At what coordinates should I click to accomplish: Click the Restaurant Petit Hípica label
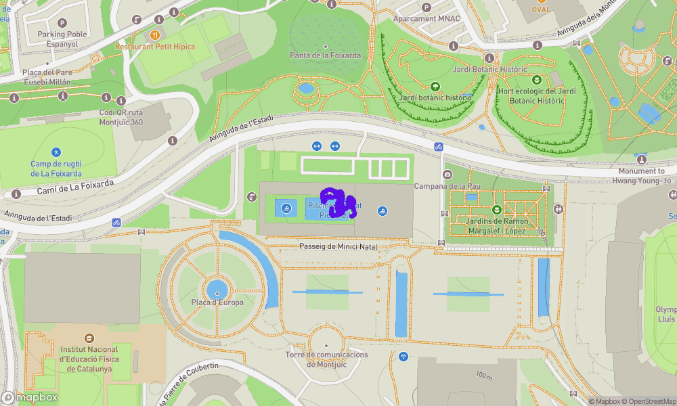pyautogui.click(x=155, y=47)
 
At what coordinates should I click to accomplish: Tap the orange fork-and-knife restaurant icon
pyautogui.click(x=155, y=35)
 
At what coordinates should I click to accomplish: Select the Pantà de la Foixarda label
pyautogui.click(x=325, y=55)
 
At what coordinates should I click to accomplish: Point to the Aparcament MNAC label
pyautogui.click(x=424, y=19)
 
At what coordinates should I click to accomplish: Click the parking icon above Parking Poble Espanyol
pyautogui.click(x=62, y=23)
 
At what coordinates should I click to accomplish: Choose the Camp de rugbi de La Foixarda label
pyautogui.click(x=56, y=168)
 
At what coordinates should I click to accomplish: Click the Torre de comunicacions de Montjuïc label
pyautogui.click(x=326, y=359)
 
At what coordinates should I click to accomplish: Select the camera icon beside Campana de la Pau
pyautogui.click(x=447, y=175)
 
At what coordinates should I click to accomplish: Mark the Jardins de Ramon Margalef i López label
pyautogui.click(x=497, y=226)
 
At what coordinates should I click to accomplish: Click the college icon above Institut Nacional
pyautogui.click(x=89, y=338)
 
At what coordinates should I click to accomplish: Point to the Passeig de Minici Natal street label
pyautogui.click(x=338, y=246)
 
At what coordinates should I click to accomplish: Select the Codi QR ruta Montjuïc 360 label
pyautogui.click(x=121, y=117)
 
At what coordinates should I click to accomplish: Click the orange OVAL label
pyautogui.click(x=541, y=9)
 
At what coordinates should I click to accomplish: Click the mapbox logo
pyautogui.click(x=30, y=397)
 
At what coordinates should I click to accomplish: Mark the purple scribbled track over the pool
pyautogui.click(x=338, y=202)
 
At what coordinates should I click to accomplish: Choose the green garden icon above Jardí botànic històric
pyautogui.click(x=435, y=87)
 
